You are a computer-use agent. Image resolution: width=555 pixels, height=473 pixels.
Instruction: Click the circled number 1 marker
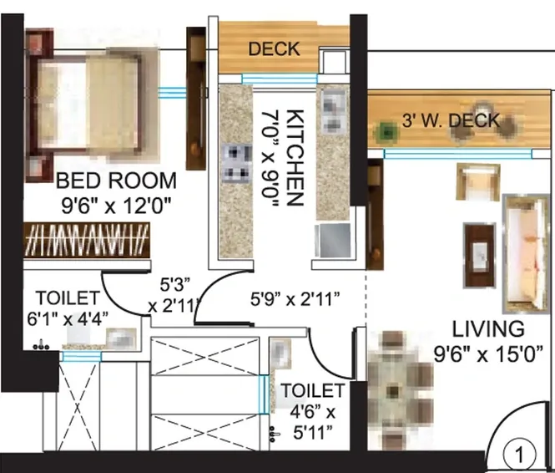pyautogui.click(x=522, y=455)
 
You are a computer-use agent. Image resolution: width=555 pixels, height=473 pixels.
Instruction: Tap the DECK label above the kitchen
pyautogui.click(x=274, y=49)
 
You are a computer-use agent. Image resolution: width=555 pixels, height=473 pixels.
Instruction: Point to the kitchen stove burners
pyautogui.click(x=236, y=162)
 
